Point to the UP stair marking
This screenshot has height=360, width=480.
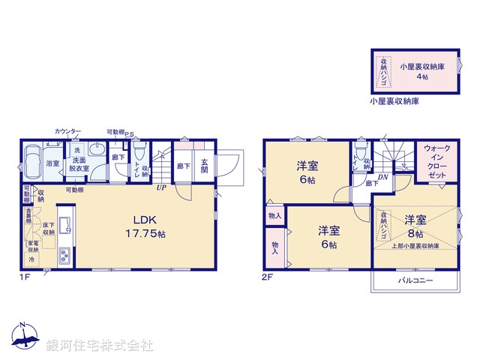click(x=161, y=187)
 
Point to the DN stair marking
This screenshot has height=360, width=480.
click(x=382, y=177)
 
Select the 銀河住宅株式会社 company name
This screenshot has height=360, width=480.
click(x=100, y=345)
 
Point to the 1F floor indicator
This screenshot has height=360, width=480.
click(x=25, y=277)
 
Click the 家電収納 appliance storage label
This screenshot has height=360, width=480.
click(x=34, y=247)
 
